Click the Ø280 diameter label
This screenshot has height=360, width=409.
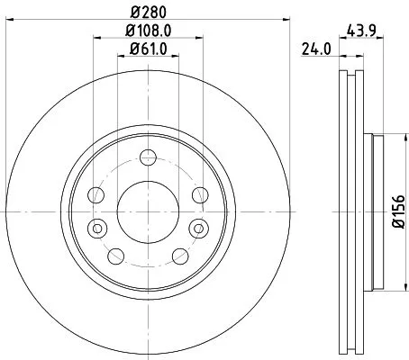pyautogui.click(x=148, y=13)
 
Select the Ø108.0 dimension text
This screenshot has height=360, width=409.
pyautogui.click(x=148, y=31)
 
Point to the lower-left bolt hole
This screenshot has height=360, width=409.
pyautogui.click(x=116, y=256)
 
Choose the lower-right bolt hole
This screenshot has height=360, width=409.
pyautogui.click(x=177, y=256)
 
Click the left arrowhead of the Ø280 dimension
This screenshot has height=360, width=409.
pyautogui.click(x=6, y=22)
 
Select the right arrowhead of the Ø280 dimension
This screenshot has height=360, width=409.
pyautogui.click(x=289, y=22)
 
